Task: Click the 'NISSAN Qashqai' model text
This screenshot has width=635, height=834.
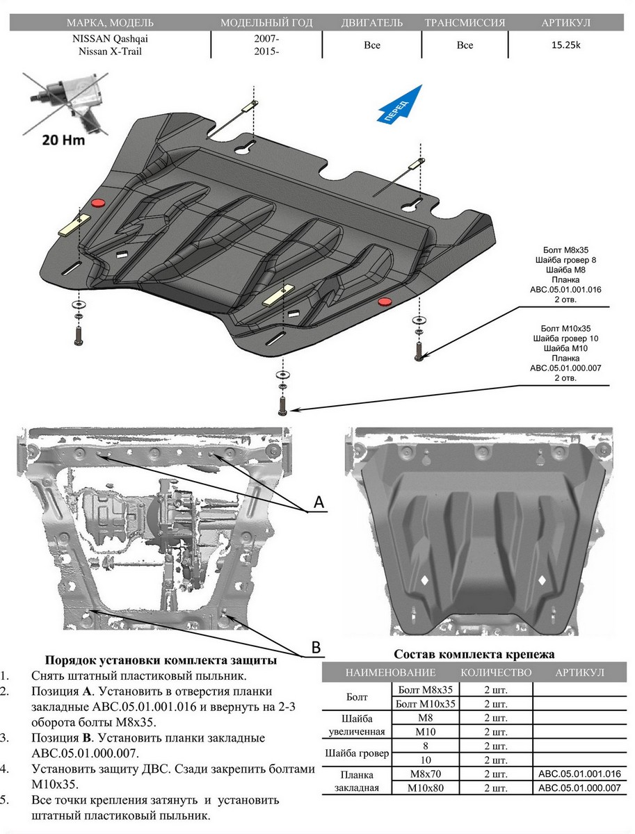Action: (110, 40)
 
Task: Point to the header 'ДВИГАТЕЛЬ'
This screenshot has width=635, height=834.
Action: (372, 23)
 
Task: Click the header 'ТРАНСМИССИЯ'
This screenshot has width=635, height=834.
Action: (465, 23)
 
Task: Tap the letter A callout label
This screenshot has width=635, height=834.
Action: (319, 502)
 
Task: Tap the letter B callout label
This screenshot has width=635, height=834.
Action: (315, 647)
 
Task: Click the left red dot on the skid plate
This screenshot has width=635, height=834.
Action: (98, 202)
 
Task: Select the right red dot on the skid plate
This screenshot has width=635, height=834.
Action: (383, 301)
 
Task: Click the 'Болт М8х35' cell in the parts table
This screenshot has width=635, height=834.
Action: (426, 690)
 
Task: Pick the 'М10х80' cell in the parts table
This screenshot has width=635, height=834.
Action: (426, 788)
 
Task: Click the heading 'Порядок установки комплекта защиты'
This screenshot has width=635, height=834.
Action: (161, 660)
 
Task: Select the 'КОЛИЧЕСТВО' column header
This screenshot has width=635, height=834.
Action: (496, 673)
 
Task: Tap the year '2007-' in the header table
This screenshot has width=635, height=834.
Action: (267, 40)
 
